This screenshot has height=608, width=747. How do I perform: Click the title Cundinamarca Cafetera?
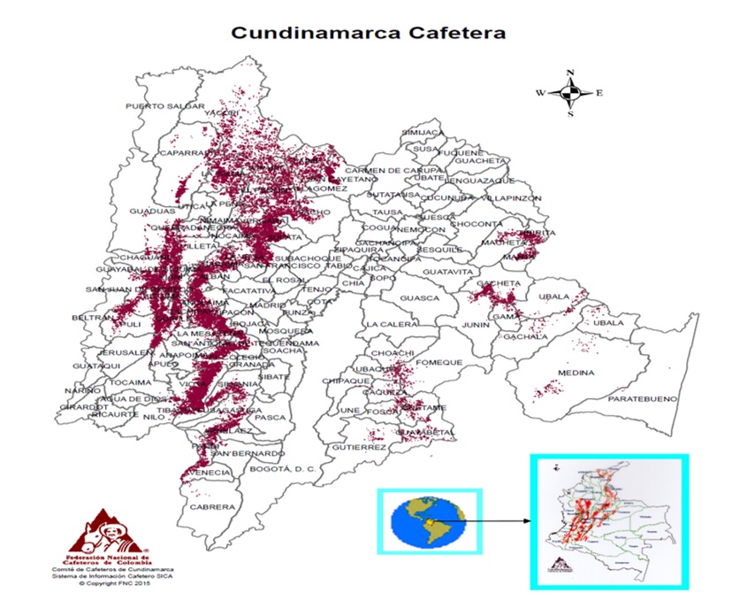tap(369, 33)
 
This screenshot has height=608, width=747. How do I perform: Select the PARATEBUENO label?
tap(644, 399)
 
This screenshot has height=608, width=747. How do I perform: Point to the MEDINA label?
tap(575, 373)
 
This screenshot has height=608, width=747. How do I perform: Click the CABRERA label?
tap(213, 507)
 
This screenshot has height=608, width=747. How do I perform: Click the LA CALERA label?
tap(391, 324)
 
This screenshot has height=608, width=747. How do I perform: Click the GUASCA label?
tap(420, 298)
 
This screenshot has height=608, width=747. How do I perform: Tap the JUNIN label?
tap(475, 326)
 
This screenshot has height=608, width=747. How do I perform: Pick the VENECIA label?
tap(212, 473)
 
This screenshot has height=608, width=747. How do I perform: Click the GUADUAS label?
tap(147, 212)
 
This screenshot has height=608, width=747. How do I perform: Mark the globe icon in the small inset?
tap(428, 522)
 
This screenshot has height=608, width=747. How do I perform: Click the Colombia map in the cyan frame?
tap(607, 522)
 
